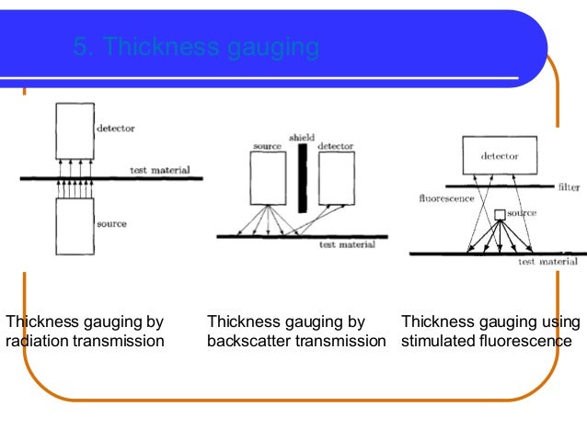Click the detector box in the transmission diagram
point(75,130)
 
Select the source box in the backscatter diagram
point(268,177)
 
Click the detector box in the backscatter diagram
point(335,177)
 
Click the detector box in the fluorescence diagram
point(499,156)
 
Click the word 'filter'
point(569,187)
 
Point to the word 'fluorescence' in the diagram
point(445,197)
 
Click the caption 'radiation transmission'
point(85,342)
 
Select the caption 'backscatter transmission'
point(296,342)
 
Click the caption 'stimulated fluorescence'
point(486,342)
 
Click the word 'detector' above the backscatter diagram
point(335,146)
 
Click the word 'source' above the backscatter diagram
point(267,146)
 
